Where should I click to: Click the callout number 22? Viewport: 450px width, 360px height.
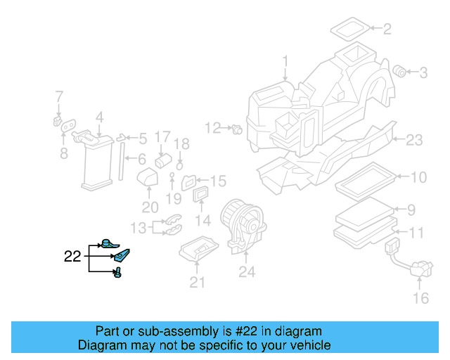pos(72,257)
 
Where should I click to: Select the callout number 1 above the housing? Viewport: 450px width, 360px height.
pos(285,61)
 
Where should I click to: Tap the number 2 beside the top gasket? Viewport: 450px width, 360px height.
pos(386,29)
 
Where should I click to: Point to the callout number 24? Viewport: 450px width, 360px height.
pos(246,271)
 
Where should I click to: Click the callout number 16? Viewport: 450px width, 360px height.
pos(420,299)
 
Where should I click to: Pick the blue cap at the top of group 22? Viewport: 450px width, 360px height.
pos(106,243)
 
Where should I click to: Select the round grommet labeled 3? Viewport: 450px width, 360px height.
pos(400,70)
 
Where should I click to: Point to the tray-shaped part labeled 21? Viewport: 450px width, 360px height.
pos(199,250)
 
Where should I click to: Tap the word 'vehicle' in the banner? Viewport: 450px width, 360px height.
pos(309,345)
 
